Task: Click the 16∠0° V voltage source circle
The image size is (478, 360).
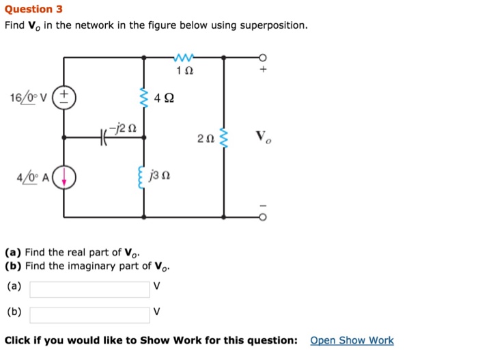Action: click(x=64, y=96)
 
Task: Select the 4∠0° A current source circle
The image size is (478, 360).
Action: click(x=64, y=178)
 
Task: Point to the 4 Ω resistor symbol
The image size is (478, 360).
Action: click(x=144, y=98)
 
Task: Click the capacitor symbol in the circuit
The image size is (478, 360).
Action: click(x=104, y=137)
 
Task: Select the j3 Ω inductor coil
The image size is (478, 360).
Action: click(x=144, y=179)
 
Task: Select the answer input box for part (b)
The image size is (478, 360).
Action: click(x=89, y=314)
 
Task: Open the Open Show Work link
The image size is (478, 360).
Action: click(x=352, y=340)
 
